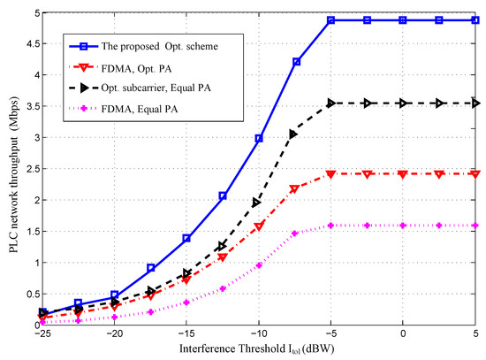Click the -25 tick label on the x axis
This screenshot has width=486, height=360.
coord(42,336)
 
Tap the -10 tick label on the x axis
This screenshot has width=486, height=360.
coord(257,336)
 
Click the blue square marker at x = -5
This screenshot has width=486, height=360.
coord(330,19)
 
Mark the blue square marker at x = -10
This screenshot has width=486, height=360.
coord(259,138)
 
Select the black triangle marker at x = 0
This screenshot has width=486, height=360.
coord(403,103)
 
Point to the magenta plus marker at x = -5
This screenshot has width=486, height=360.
coord(330,226)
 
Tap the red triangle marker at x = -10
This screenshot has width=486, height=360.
coord(259,227)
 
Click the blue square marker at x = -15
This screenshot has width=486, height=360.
coord(186,238)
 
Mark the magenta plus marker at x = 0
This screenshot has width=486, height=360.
coord(403,226)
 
